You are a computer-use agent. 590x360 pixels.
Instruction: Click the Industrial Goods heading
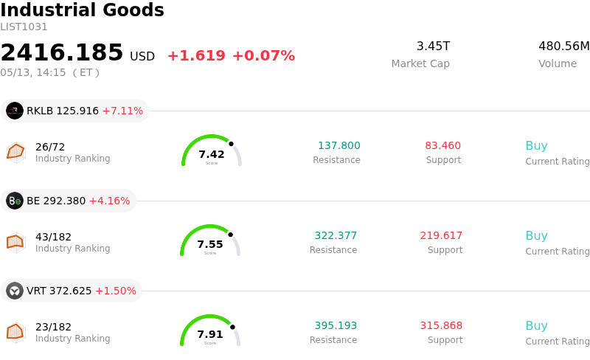pos(82,10)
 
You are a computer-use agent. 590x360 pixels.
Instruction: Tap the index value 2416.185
pos(62,52)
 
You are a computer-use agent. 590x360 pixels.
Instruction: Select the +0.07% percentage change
pos(264,56)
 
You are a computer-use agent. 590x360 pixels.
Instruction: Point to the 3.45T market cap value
pos(433,46)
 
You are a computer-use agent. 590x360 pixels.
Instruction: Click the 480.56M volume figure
pos(564,46)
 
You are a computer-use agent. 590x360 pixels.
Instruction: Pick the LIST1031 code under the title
pos(24,27)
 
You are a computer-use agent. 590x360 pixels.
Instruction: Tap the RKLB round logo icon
pos(15,111)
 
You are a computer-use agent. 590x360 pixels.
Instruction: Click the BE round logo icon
pos(15,201)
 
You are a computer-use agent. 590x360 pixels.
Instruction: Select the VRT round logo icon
pos(15,291)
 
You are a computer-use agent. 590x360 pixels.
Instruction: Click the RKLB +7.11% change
pos(122,111)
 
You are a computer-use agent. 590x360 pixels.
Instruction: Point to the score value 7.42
pos(212,154)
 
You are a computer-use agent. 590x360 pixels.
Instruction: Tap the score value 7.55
pos(210,244)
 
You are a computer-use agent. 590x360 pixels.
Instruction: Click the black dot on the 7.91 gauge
pos(232,327)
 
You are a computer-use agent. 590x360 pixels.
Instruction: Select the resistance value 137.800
pos(339,145)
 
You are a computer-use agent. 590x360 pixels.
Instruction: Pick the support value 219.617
pos(441,235)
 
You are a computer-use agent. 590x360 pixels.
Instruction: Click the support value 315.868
pos(441,325)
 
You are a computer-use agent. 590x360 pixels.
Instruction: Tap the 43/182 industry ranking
pos(53,237)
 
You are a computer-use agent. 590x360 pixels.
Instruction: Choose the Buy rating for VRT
pos(537,326)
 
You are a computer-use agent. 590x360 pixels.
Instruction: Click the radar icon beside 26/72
pos(15,152)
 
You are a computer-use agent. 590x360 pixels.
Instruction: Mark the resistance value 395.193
pos(336,325)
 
